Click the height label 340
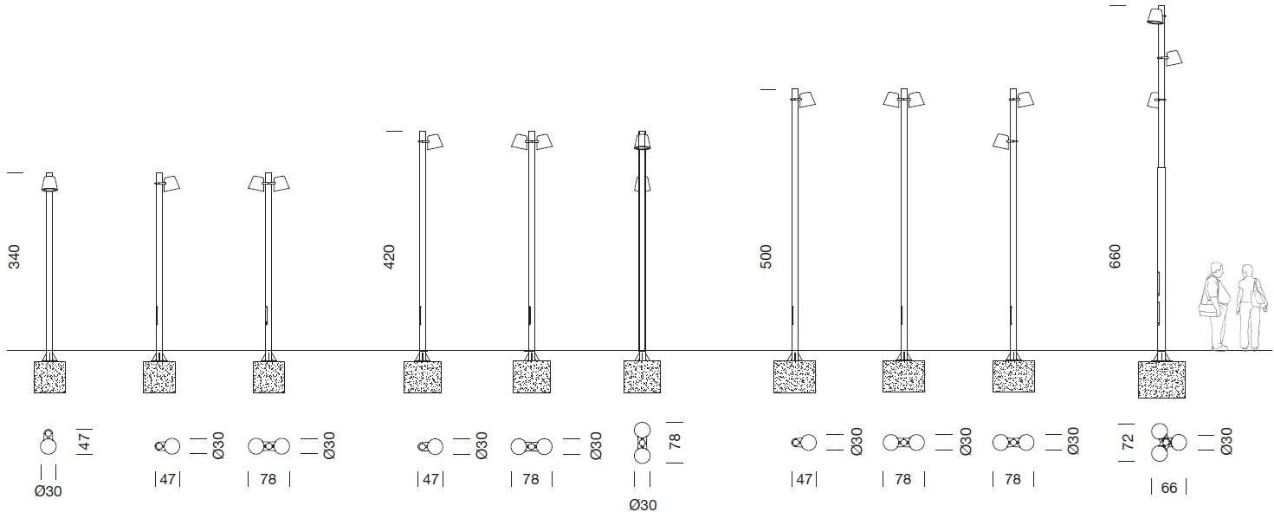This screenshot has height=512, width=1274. coord(14,256)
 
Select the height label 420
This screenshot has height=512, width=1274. coord(389,256)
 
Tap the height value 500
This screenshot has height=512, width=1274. coord(766,256)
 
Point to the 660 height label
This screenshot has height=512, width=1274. coord(1115,256)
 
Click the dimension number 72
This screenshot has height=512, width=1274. coord(1128,442)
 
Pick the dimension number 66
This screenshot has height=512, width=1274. coord(1169,488)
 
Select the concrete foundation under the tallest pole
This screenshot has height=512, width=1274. coord(1161,379)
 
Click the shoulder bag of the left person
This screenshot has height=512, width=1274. coord(1208,309)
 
